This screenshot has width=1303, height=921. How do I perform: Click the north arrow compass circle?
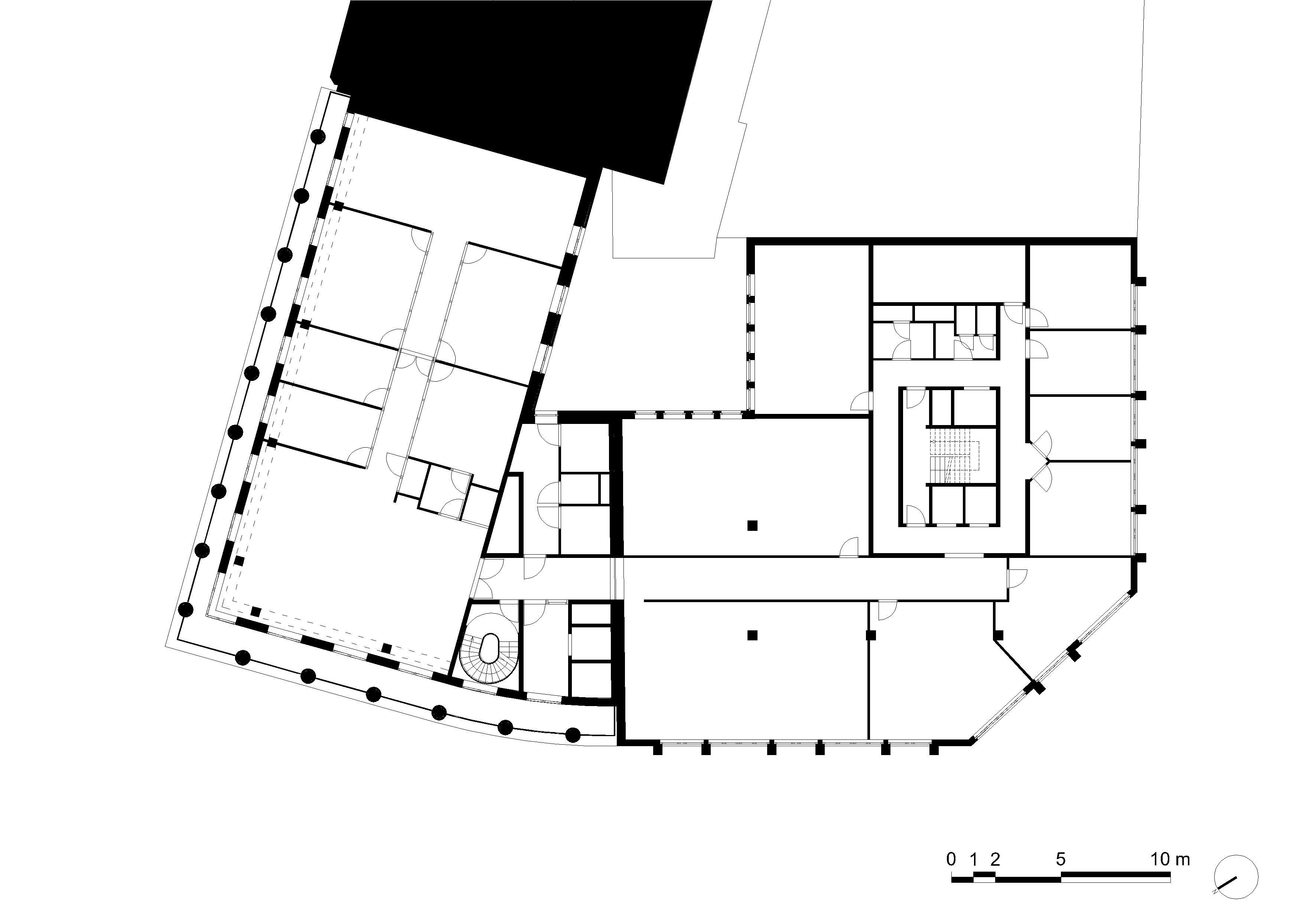pos(1236,893)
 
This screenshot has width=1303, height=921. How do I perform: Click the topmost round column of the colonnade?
pos(318,136)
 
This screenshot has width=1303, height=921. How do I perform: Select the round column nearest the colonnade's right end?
pos(574,735)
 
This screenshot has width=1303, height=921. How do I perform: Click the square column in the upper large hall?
pos(753,526)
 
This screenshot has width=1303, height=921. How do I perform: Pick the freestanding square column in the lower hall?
pos(753,635)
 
